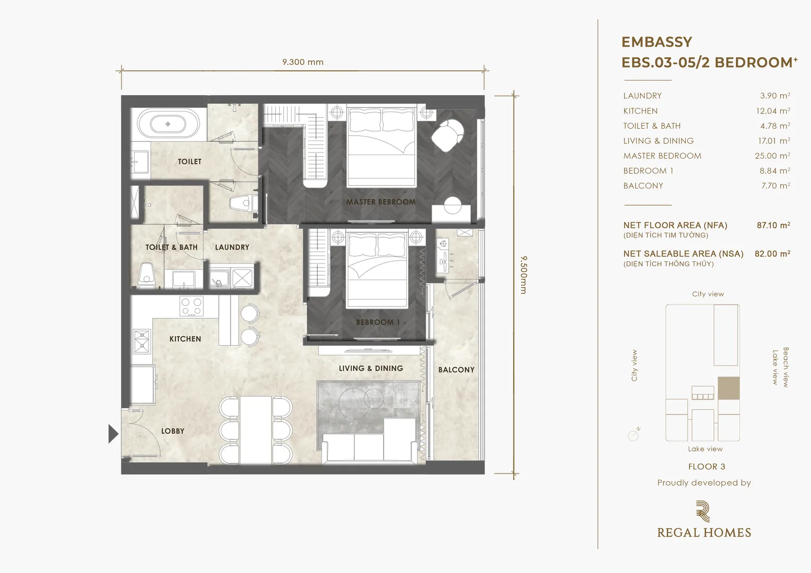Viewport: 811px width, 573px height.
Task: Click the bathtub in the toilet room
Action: coord(168,124)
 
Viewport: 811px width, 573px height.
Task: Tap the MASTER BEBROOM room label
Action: coord(381,202)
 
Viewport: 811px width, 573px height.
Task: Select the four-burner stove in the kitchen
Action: coord(192,306)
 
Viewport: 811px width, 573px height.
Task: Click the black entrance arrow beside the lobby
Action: coord(114,434)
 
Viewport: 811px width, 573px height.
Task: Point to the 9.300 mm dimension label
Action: coord(303,62)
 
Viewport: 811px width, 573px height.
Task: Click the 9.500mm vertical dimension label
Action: coord(524,275)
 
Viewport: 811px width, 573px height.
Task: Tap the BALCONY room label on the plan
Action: coord(456,369)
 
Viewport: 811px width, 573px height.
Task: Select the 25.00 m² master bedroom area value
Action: coord(772,156)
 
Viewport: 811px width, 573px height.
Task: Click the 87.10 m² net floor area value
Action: coord(773,225)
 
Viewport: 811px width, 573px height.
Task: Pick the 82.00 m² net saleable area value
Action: coord(772,254)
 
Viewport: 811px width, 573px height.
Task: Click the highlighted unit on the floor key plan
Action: coord(728,388)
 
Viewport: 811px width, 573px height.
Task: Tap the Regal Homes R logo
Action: coord(703,511)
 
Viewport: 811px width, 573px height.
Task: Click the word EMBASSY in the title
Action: coord(657,42)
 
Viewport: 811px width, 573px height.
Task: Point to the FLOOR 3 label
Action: coord(707,467)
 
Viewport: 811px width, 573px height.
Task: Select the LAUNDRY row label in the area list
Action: coord(642,96)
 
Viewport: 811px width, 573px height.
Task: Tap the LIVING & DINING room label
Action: coord(371,368)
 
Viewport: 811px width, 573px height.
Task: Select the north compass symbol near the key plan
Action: coord(634,434)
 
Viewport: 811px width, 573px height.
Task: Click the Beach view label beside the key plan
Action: coord(786,367)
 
